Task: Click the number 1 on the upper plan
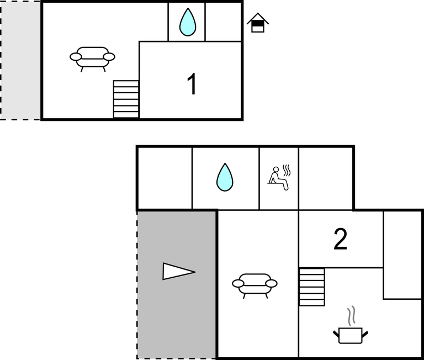point(192,84)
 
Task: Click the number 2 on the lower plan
point(340,239)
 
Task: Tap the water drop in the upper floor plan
point(188,22)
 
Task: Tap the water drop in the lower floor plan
point(225,177)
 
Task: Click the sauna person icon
point(278,178)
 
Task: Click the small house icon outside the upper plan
point(258,23)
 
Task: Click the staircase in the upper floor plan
point(126,99)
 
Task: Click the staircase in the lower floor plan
point(312,287)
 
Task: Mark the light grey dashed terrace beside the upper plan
point(20,60)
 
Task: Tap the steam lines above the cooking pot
point(351,316)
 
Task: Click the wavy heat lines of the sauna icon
point(287,171)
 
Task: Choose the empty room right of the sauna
point(326,178)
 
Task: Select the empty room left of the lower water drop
point(165,178)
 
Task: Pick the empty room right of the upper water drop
point(223,22)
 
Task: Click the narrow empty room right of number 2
point(402,255)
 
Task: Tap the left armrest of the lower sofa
point(238,283)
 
